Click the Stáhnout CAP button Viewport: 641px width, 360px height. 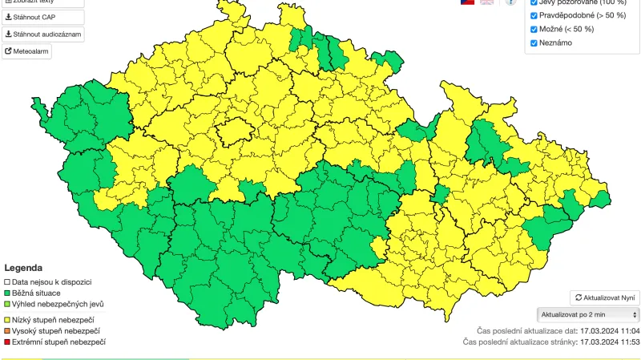42,17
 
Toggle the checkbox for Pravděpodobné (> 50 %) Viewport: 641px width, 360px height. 534,15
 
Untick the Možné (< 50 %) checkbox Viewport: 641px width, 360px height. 534,29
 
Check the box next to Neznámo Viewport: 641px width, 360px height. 534,42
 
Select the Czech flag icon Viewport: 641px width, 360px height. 467,2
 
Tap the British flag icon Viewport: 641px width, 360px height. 486,2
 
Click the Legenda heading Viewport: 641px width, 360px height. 23,268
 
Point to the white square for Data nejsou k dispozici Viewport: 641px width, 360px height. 7,282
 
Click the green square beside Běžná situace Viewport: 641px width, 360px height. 7,293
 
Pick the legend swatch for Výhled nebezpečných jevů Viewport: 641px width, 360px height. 7,305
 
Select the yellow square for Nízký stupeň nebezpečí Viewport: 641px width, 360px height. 7,319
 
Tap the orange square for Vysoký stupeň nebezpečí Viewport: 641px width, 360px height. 7,330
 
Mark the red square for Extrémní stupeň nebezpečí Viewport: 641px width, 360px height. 7,342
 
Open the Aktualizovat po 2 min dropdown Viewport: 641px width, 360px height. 587,314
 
